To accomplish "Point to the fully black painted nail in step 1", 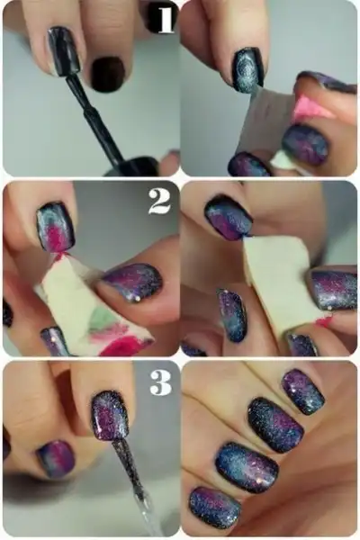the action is (x=108, y=74).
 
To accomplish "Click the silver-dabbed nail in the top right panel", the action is (x=247, y=70).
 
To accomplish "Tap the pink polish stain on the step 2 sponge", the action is (x=123, y=346).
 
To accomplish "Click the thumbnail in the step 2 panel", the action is (x=132, y=283).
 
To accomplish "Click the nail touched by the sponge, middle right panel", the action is (x=228, y=219).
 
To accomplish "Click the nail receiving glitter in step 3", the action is (x=110, y=416).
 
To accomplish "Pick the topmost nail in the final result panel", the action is (x=303, y=391).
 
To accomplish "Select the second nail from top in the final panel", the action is (x=275, y=424).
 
